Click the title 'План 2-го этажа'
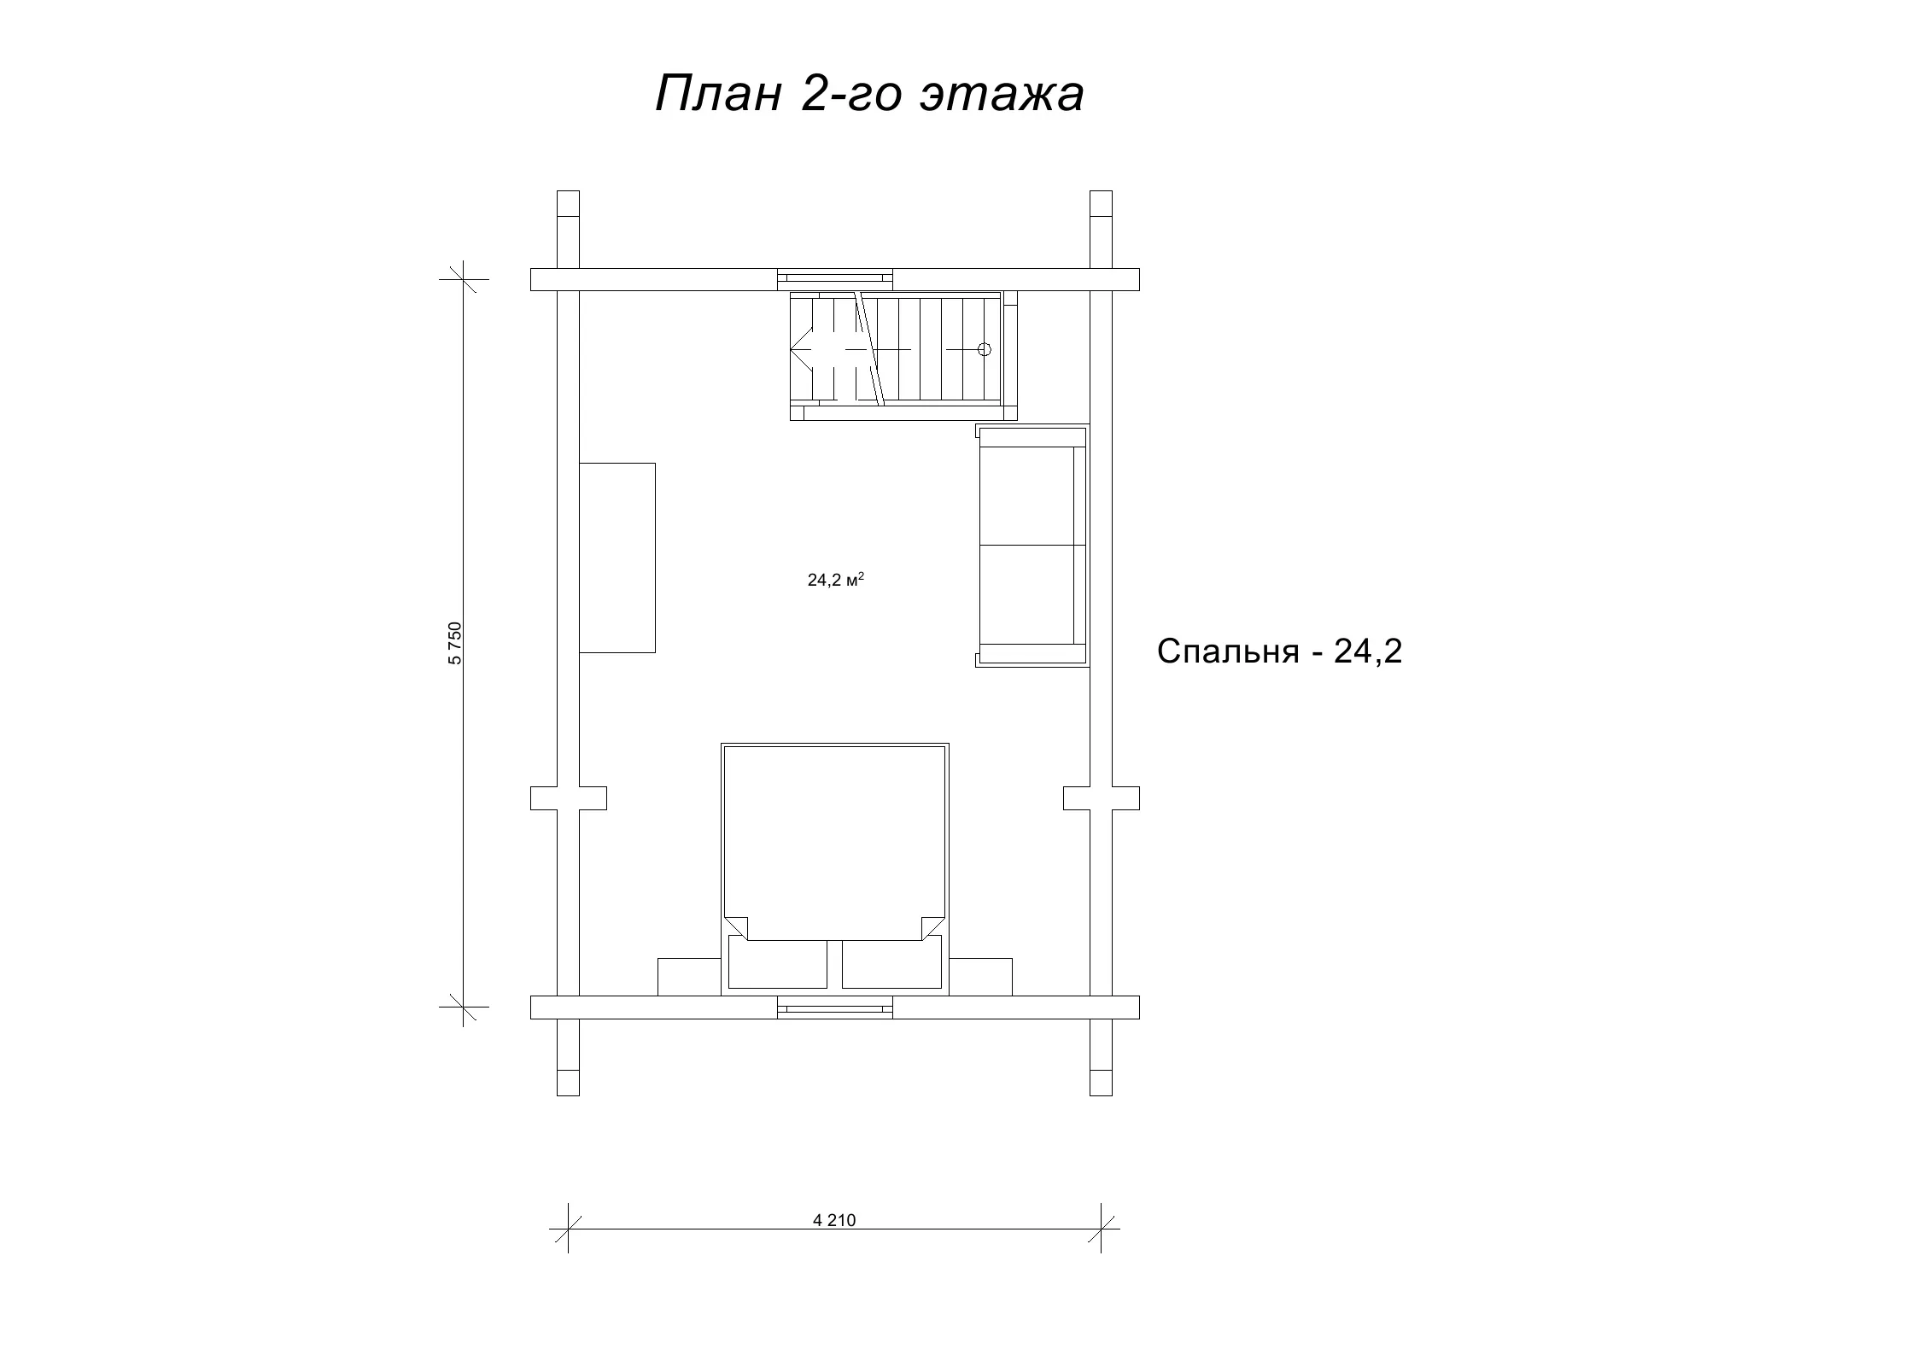pyautogui.click(x=869, y=94)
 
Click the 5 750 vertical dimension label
pyautogui.click(x=454, y=643)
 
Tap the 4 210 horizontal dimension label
pyautogui.click(x=834, y=1220)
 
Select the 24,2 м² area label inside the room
pyautogui.click(x=836, y=581)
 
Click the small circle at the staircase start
pyautogui.click(x=984, y=349)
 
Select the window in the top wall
pyautogui.click(x=835, y=279)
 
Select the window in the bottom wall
pyautogui.click(x=835, y=1007)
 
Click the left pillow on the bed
pyautogui.click(x=778, y=964)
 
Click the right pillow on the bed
pyautogui.click(x=891, y=964)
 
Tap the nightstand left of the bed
pyautogui.click(x=689, y=977)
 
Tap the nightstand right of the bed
pyautogui.click(x=980, y=977)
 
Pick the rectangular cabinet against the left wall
pyautogui.click(x=617, y=558)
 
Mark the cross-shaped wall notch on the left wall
pyautogui.click(x=569, y=798)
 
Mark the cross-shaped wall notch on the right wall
pyautogui.click(x=1102, y=798)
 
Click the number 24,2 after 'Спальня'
pyautogui.click(x=1369, y=652)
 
